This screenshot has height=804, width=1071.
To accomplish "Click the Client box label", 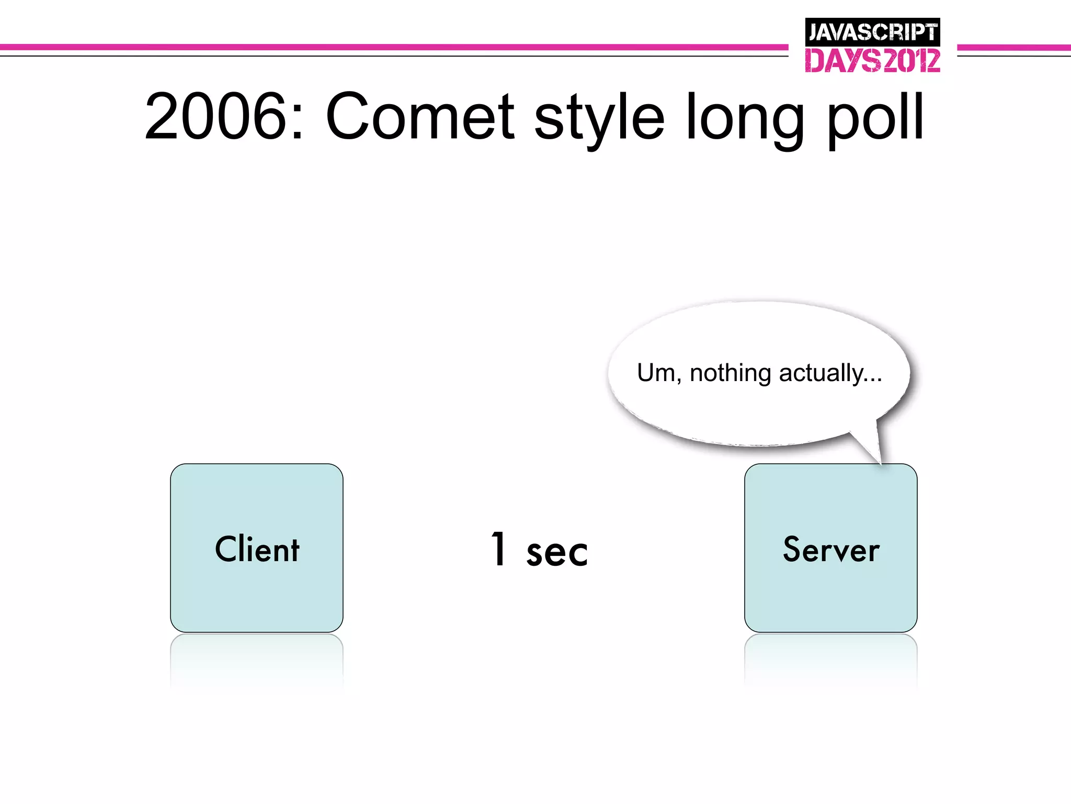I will click(257, 549).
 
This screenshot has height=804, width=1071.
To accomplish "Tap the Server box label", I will click(831, 549).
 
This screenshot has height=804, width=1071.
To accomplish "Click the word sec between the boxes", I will click(557, 553).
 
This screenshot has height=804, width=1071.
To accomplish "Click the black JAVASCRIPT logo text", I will click(872, 32).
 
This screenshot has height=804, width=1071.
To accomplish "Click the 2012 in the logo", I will click(911, 61).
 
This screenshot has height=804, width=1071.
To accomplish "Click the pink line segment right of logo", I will click(1013, 48).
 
